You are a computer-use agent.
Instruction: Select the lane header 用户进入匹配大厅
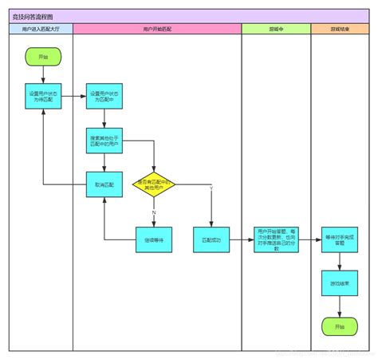[x=41, y=29]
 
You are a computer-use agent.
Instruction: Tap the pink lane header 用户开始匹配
[x=157, y=29]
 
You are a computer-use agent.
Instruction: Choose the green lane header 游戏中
[x=276, y=29]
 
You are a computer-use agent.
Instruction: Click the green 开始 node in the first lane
[x=43, y=57]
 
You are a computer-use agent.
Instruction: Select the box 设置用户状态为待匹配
[x=43, y=97]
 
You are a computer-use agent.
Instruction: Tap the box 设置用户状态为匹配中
[x=104, y=97]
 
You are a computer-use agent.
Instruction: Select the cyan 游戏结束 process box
[x=341, y=283]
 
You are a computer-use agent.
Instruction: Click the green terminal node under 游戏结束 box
[x=341, y=326]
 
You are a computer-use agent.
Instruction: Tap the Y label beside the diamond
[x=211, y=187]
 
